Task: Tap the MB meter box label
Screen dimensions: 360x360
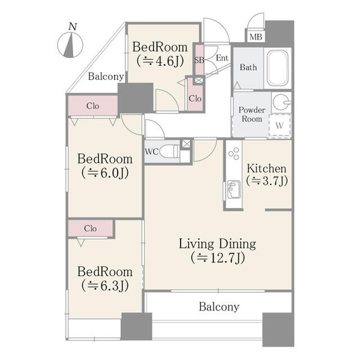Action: point(256,37)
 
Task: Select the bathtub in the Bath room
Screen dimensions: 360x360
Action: point(278,68)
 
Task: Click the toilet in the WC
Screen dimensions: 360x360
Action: point(169,152)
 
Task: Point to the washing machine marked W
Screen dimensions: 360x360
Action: point(280,125)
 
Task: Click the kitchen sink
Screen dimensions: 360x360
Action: point(234,190)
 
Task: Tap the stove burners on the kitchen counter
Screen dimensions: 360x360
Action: point(234,154)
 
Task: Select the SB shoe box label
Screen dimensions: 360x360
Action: point(199,60)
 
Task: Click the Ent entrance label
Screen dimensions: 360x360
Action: point(222,58)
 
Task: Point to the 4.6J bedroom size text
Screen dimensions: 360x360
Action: point(160,61)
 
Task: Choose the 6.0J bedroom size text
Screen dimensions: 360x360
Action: point(105,173)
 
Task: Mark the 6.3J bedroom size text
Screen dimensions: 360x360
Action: point(105,286)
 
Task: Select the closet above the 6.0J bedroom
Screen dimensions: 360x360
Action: point(93,106)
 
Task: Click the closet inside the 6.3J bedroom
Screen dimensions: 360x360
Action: point(91,228)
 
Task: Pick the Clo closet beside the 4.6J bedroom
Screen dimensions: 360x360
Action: point(195,98)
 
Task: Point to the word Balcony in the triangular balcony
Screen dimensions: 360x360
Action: point(106,77)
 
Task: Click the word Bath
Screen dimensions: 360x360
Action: point(248,67)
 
